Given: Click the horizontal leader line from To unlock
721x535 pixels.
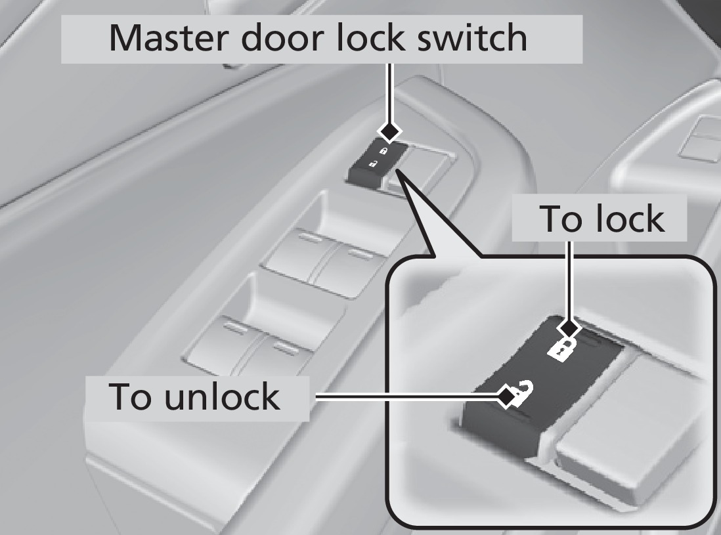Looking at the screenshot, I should pos(407,396).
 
